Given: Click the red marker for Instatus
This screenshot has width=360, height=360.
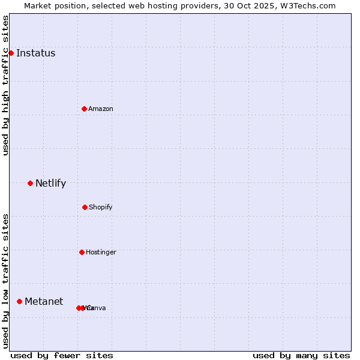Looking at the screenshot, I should click(x=11, y=53).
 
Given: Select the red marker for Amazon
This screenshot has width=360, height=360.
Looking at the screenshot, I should click(x=84, y=109).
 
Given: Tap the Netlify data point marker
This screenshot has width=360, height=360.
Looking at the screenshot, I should click(x=30, y=183).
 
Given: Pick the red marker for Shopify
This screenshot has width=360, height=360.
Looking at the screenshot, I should click(x=85, y=207).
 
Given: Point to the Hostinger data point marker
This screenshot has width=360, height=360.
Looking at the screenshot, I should click(x=82, y=252).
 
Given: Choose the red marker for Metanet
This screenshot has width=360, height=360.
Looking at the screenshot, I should click(x=19, y=301).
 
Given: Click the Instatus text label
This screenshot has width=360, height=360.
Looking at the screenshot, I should click(x=35, y=53).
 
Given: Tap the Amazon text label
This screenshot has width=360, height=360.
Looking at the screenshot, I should click(x=101, y=109).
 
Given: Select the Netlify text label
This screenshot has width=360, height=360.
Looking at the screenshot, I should click(x=50, y=183).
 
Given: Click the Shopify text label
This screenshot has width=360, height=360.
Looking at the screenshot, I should click(x=101, y=207).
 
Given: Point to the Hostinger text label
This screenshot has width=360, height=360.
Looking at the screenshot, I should click(x=101, y=252).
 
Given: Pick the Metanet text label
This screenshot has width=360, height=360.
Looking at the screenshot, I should click(x=44, y=301).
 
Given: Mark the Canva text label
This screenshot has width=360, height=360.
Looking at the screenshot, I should click(x=96, y=308).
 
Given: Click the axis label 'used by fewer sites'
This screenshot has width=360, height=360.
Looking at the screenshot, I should click(x=62, y=355).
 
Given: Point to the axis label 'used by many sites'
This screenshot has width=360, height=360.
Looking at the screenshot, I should click(x=301, y=355).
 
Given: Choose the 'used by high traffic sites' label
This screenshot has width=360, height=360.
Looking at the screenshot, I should click(x=5, y=85).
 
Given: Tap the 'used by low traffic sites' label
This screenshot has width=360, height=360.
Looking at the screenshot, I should click(x=5, y=280).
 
